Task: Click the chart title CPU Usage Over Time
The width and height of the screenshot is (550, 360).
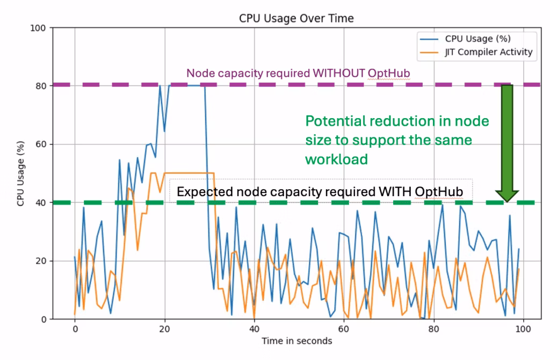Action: (x=296, y=18)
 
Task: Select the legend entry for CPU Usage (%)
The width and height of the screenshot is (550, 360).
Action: (x=477, y=39)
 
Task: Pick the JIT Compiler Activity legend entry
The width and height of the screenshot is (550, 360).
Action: (x=488, y=52)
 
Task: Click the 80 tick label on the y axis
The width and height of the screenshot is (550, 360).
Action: (x=41, y=86)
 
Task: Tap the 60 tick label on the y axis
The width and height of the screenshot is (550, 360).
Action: (x=41, y=145)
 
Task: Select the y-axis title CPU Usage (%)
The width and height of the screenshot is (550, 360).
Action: (x=20, y=174)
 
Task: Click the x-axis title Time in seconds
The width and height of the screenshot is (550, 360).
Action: (x=296, y=341)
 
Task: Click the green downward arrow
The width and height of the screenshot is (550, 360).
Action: (x=506, y=142)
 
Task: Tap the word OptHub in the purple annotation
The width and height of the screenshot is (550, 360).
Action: (x=389, y=74)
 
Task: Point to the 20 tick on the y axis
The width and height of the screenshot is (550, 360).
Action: (x=41, y=261)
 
